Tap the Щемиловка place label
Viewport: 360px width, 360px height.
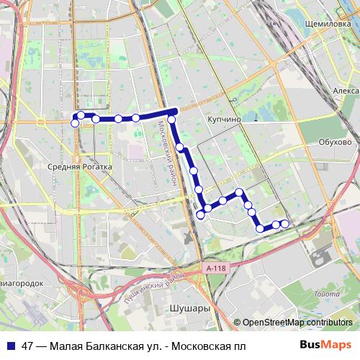pos(328,23)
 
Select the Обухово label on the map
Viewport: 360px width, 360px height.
pos(335,142)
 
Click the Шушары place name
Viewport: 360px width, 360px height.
pos(189,308)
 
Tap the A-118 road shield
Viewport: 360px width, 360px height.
pos(215,268)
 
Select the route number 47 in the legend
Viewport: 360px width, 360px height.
pos(28,346)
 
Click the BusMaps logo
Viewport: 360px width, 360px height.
pos(325,346)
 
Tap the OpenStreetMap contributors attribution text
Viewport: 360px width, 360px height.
pos(297,323)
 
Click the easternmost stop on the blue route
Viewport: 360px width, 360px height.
pos(284,223)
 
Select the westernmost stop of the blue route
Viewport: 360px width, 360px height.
pos(74,123)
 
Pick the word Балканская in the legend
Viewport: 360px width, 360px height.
pos(115,346)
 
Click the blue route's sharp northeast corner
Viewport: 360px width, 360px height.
pos(175,110)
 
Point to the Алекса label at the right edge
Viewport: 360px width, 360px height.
pos(346,91)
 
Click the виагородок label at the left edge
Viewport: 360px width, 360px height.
pos(22,283)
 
